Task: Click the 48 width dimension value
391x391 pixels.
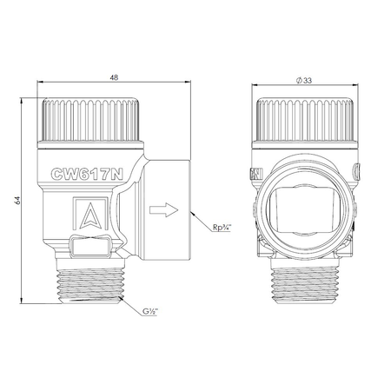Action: [x=114, y=77]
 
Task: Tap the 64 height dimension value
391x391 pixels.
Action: [x=17, y=201]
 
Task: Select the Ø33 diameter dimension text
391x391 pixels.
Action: [x=304, y=81]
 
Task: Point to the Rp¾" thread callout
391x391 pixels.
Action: [x=222, y=228]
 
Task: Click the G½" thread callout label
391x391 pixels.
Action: [x=150, y=312]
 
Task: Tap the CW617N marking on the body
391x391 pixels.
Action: [x=87, y=175]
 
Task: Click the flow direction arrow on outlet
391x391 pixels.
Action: [x=163, y=210]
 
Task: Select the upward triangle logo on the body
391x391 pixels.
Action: [x=90, y=215]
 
